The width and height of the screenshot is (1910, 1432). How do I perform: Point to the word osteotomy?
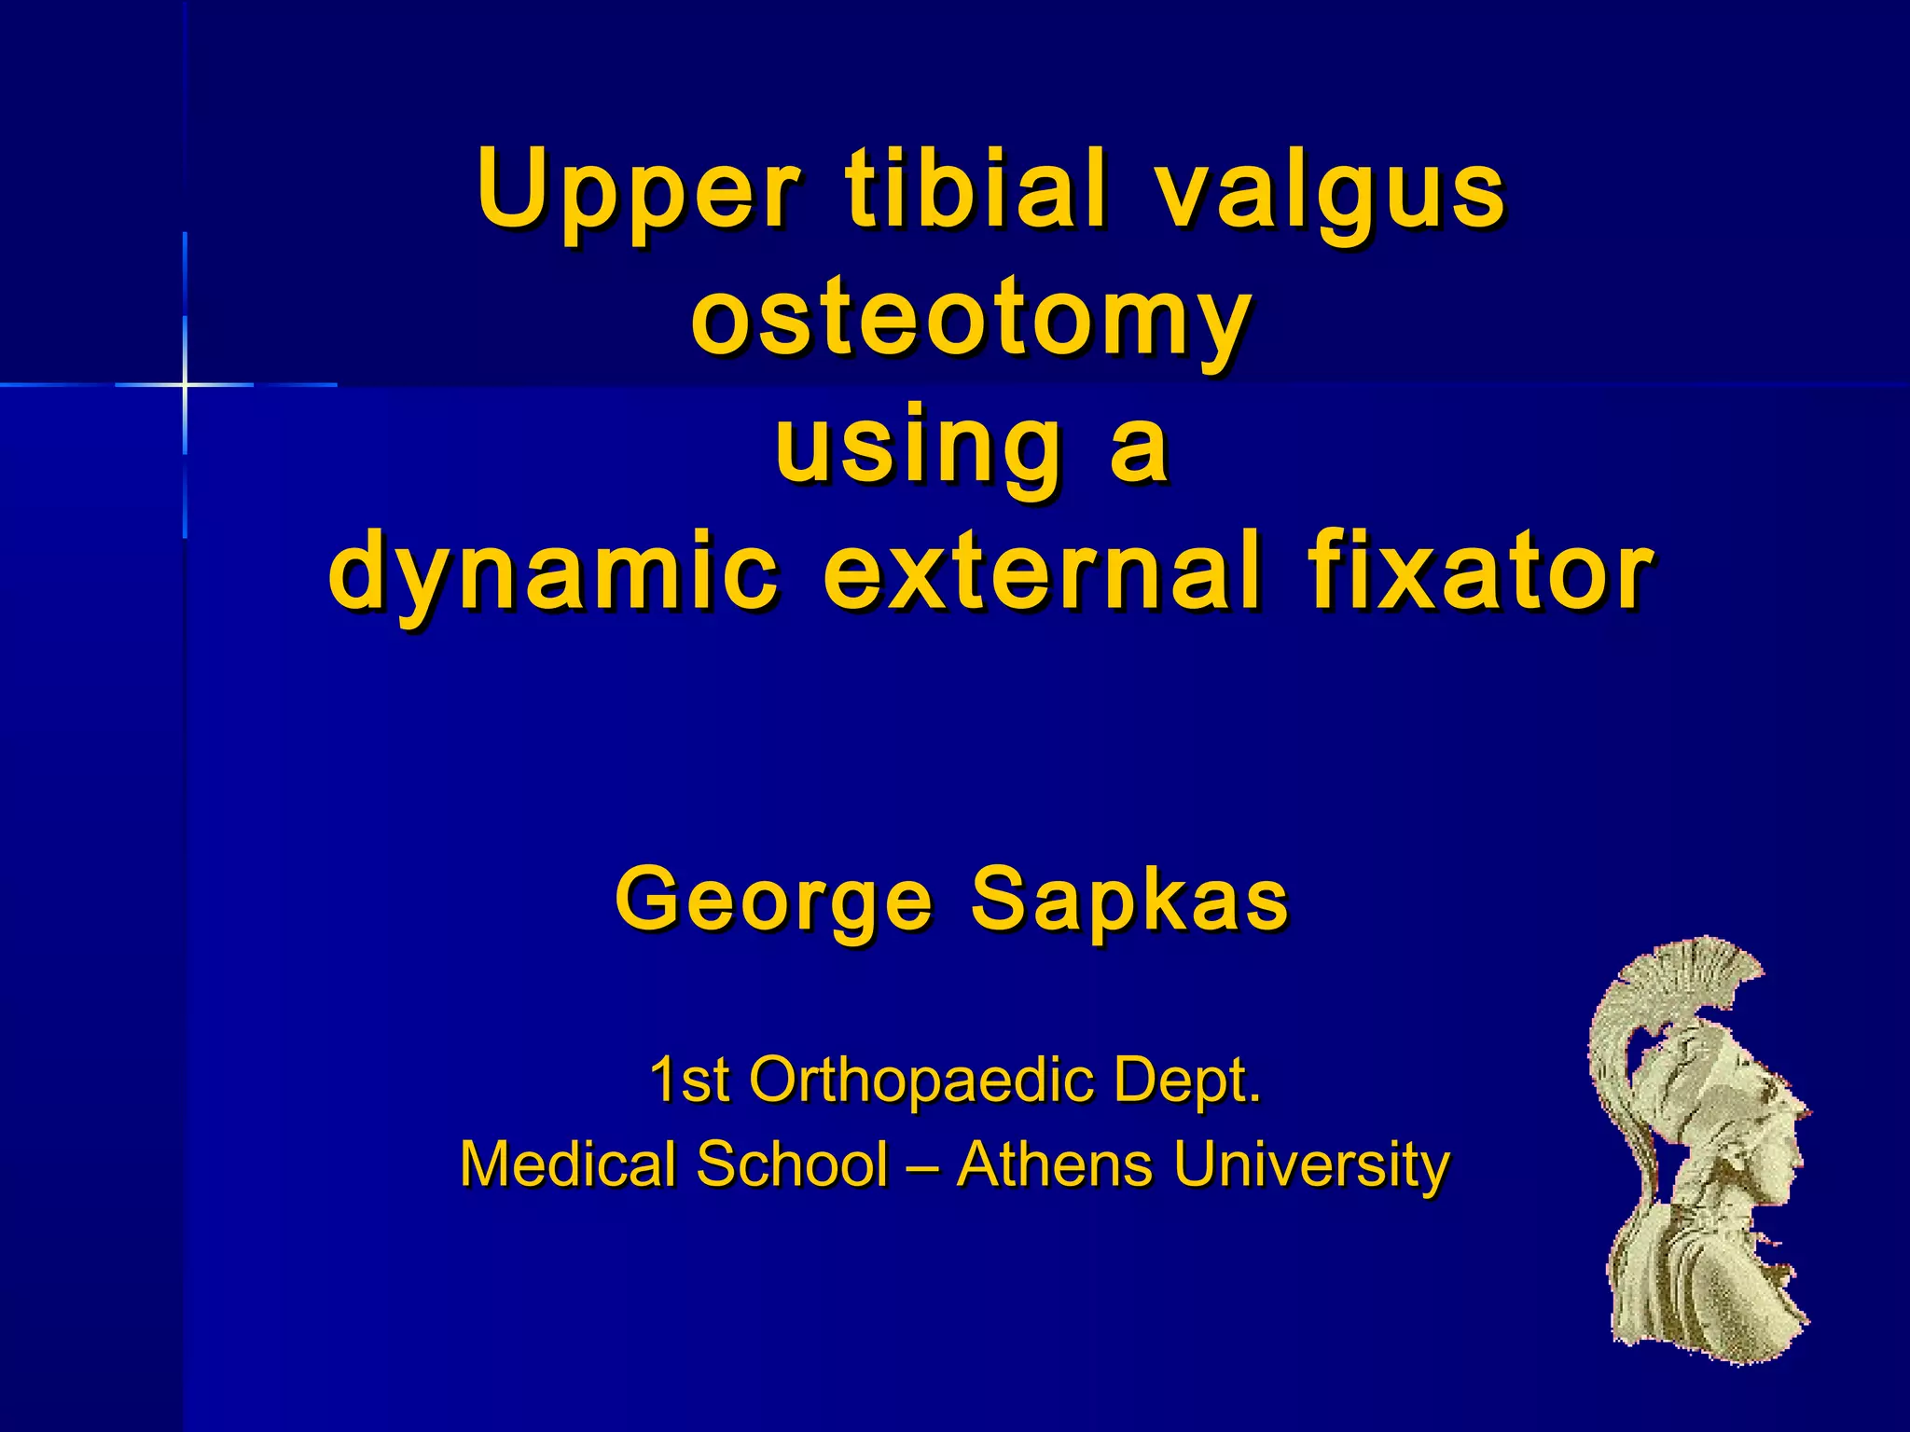970,322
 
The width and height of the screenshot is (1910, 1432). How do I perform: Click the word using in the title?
918,447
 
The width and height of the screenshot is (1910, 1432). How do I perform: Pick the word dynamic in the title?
554,573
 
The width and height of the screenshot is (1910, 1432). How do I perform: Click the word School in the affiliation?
792,1164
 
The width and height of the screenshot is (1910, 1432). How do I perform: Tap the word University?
1311,1166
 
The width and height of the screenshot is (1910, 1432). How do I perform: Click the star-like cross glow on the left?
185,384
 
